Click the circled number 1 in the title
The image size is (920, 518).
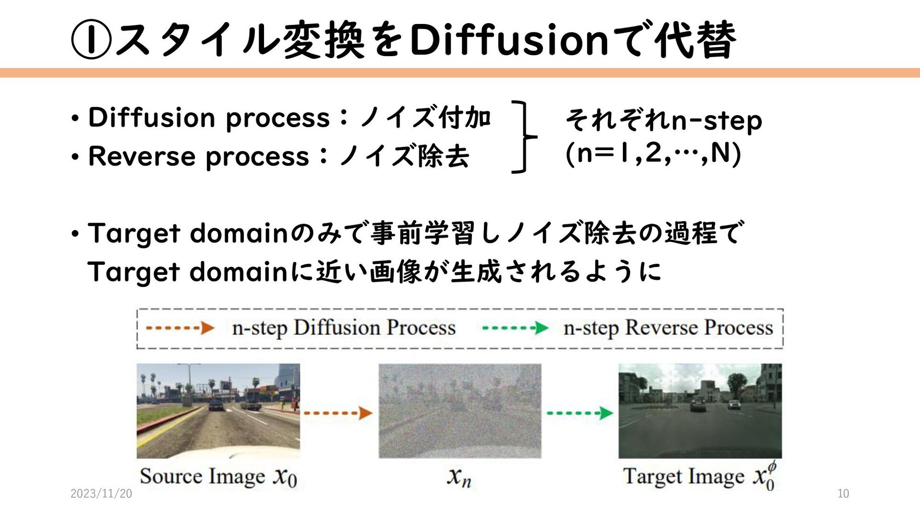pos(91,40)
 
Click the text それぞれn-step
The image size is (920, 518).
pos(664,120)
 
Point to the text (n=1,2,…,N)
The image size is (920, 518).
pos(654,153)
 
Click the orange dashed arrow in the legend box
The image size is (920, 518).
pos(180,329)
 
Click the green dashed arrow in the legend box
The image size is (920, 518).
pos(515,329)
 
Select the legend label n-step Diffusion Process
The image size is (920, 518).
pos(344,329)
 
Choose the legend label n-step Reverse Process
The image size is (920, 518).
pos(668,329)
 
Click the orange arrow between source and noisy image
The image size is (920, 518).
pos(338,412)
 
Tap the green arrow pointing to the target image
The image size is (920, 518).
pos(579,412)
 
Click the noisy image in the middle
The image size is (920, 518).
pos(460,411)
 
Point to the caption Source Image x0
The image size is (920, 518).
pos(218,477)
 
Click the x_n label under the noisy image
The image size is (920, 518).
pos(459,477)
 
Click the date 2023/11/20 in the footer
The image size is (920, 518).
pos(101,494)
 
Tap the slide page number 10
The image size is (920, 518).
pos(843,494)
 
